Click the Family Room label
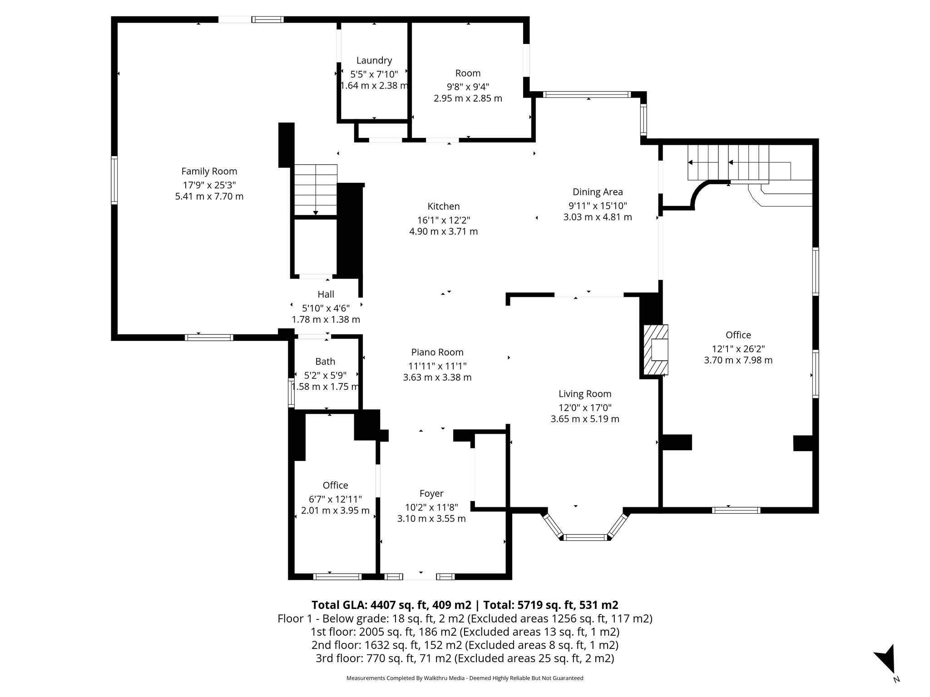click(x=209, y=171)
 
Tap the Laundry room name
click(x=374, y=60)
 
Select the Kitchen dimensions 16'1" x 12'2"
click(x=443, y=220)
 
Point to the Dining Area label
click(x=597, y=192)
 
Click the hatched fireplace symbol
click(x=655, y=350)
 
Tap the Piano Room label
click(x=437, y=352)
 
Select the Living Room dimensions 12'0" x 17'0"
click(x=584, y=407)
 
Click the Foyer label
click(x=431, y=493)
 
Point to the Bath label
click(x=325, y=362)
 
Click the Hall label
click(x=326, y=295)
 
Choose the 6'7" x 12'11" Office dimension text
click(x=335, y=499)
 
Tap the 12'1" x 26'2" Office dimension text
click(x=738, y=348)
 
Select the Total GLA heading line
click(x=465, y=605)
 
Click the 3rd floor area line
click(x=465, y=658)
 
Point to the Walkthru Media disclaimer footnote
click(x=465, y=678)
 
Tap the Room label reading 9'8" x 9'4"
click(x=468, y=74)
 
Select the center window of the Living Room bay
click(x=585, y=537)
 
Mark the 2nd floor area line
click(x=465, y=645)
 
